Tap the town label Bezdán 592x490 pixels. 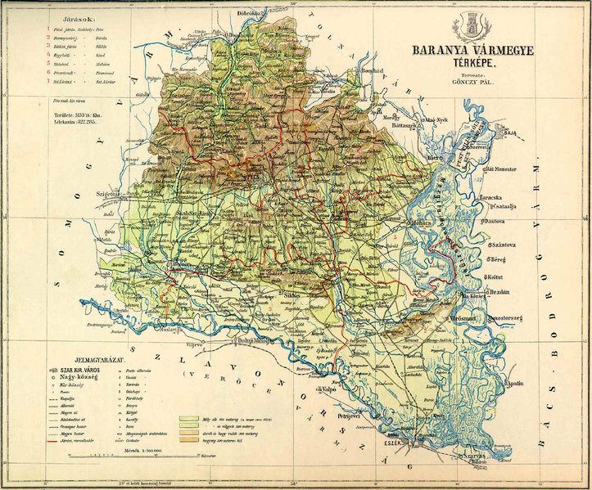point(499,292)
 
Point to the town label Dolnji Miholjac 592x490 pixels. point(259,341)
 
